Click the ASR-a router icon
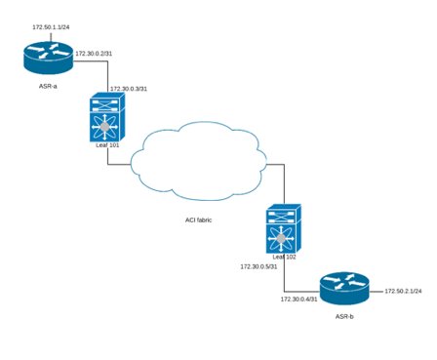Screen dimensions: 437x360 coord(49,58)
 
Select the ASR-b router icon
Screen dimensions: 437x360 coord(344,289)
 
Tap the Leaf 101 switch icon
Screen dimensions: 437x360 coord(107,117)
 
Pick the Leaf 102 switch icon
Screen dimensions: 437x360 coord(284,228)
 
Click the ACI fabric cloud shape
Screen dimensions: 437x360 coord(199,161)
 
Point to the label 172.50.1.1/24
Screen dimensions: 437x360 coord(51,27)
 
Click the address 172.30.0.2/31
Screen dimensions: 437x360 coord(94,54)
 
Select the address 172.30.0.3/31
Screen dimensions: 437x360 coord(129,89)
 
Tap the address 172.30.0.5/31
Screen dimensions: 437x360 coord(258,266)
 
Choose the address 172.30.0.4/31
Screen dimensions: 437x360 coord(299,300)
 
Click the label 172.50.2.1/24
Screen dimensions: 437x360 coord(404,291)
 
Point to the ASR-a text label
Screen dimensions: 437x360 coord(48,86)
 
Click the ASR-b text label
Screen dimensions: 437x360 coord(344,316)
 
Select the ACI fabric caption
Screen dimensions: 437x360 coord(199,220)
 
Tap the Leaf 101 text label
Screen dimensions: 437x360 coord(107,145)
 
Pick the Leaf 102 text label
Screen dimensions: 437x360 coord(285,257)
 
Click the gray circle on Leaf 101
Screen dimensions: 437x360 coord(104,127)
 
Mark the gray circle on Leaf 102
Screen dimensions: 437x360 coord(281,238)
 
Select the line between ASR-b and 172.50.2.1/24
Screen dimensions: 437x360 coord(377,292)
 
